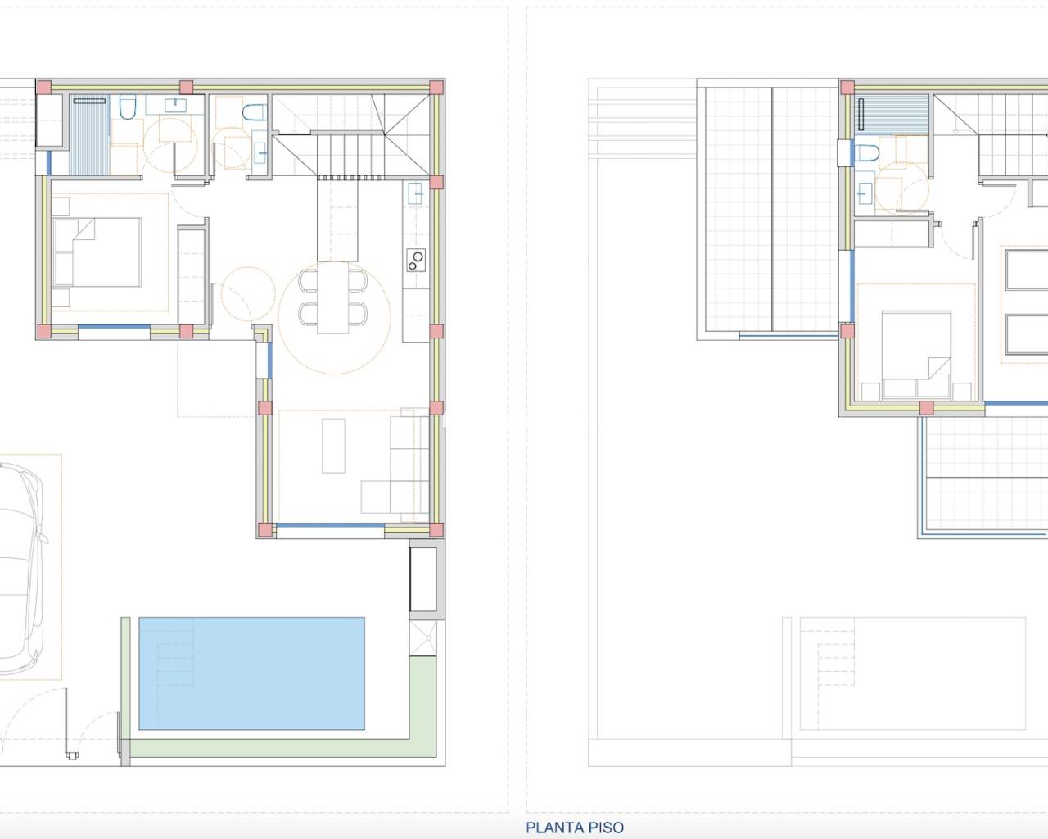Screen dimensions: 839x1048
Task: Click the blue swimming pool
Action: [251, 673]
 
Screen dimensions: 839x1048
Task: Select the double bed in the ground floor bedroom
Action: [97, 252]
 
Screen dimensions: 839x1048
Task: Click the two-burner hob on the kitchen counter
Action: [416, 261]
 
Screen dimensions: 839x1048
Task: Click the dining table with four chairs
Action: [333, 297]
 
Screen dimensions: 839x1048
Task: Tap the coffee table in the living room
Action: [333, 445]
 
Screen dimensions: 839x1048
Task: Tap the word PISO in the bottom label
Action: [603, 828]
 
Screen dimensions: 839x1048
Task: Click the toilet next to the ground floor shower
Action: [128, 107]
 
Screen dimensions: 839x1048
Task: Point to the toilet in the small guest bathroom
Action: [255, 112]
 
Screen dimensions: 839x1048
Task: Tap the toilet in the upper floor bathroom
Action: [866, 152]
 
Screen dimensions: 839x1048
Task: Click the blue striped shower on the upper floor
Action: [892, 113]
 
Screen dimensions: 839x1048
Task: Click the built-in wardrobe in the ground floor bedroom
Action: [192, 276]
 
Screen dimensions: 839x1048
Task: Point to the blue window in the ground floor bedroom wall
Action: [114, 332]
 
